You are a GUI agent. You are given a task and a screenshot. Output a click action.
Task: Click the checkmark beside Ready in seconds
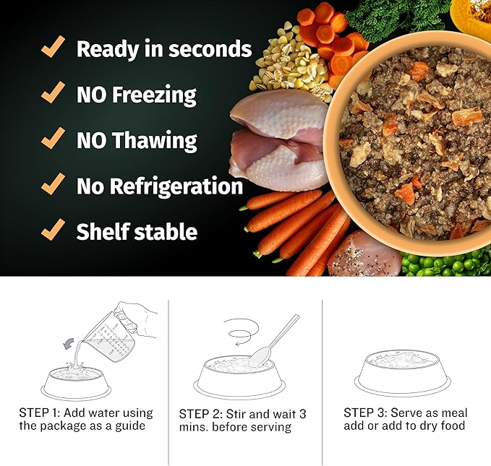pos(53,48)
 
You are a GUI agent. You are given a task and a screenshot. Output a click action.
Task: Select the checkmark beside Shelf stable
pos(53,230)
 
